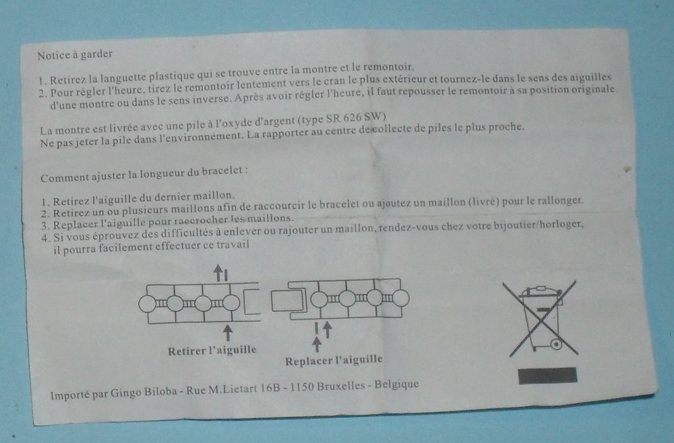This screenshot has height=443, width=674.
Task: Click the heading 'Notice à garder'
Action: pos(75,55)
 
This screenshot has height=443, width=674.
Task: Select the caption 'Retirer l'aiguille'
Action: pos(212,351)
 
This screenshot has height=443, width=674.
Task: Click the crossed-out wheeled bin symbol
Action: pos(543,318)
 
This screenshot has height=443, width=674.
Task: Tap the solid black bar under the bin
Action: pos(547,376)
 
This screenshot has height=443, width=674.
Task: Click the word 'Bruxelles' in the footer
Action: pos(341,386)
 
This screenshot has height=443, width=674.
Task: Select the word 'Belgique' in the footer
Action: pos(396,384)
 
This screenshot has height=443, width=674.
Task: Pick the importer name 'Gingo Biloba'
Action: pos(144,392)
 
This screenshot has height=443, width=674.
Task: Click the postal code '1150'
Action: pos(302,387)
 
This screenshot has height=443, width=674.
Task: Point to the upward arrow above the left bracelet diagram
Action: pos(218,272)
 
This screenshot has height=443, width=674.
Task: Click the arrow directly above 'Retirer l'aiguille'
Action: pos(228,332)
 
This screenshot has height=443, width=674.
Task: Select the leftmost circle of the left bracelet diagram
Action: pos(147,303)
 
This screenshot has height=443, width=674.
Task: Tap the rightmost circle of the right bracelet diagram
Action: pos(400,298)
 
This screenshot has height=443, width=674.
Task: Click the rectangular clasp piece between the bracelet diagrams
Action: pos(286,301)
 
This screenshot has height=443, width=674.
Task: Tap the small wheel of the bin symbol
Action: pos(556,345)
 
